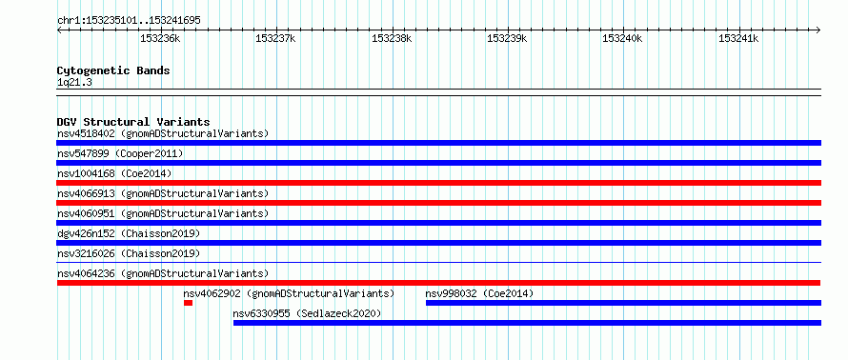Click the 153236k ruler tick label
point(160,38)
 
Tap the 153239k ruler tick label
point(507,38)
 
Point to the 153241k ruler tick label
point(738,38)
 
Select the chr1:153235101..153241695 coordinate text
point(129,21)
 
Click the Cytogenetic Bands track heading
point(113,70)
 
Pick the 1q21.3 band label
point(74,82)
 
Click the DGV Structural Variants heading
point(133,122)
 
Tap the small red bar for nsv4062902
point(188,303)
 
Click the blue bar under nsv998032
point(623,303)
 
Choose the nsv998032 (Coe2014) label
point(479,293)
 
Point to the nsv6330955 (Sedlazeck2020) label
point(307,313)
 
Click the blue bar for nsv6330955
point(527,323)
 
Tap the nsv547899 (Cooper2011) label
point(120,153)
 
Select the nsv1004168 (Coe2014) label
point(114,173)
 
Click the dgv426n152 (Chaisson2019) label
point(129,233)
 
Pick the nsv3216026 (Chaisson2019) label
point(129,253)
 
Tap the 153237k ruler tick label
point(275,38)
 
